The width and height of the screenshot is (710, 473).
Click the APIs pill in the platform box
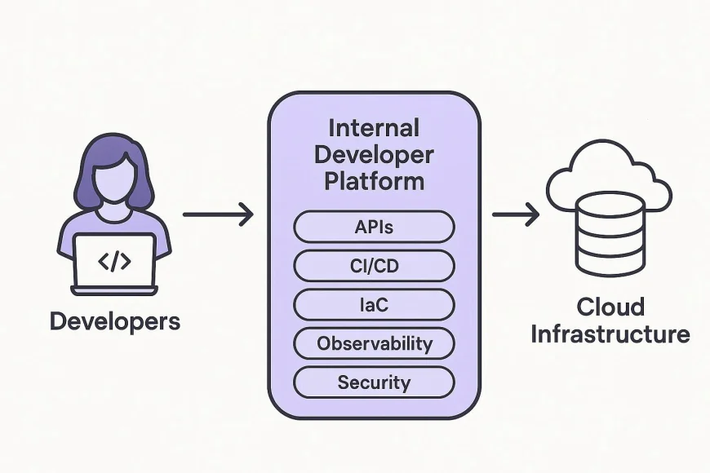(x=374, y=227)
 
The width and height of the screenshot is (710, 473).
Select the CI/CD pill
(x=374, y=266)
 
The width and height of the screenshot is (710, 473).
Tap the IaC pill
(x=374, y=304)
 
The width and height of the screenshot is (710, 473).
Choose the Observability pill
(x=374, y=343)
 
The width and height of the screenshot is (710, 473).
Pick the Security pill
(x=374, y=382)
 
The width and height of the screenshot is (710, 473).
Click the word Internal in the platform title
(x=374, y=128)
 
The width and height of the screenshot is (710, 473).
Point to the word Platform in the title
(x=374, y=181)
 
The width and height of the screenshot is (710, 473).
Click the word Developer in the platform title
(x=374, y=154)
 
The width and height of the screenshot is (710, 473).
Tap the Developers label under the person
(x=114, y=320)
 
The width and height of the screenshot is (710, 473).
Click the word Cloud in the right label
(x=610, y=307)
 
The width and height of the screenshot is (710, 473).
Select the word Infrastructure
(x=610, y=334)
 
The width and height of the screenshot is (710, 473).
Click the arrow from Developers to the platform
(x=218, y=215)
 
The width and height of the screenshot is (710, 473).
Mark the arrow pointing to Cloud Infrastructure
(x=515, y=215)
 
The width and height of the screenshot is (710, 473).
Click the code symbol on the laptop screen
(x=114, y=261)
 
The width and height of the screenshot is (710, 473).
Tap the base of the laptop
(x=114, y=290)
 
